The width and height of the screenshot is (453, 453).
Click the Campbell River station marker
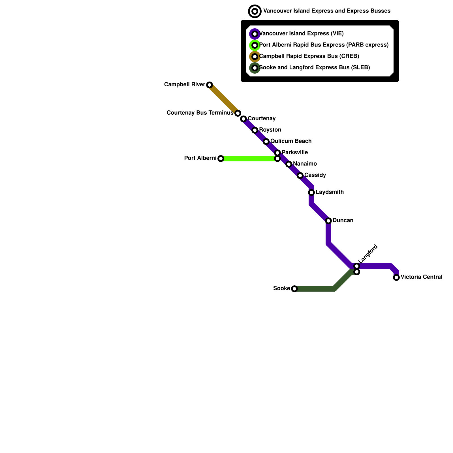click(x=210, y=85)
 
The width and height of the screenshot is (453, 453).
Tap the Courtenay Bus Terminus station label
click(x=200, y=113)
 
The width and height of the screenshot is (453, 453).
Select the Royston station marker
click(x=255, y=130)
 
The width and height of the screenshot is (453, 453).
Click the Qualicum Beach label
click(x=291, y=141)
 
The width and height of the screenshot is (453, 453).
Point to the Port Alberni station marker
click(x=221, y=159)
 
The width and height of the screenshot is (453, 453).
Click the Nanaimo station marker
click(x=289, y=164)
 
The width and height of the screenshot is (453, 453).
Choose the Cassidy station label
click(x=315, y=175)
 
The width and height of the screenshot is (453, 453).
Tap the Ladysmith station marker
click(x=311, y=193)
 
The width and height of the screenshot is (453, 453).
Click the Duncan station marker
click(x=328, y=221)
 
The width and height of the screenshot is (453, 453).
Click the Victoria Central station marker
click(x=396, y=277)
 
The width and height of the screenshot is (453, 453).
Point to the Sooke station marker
click(x=294, y=289)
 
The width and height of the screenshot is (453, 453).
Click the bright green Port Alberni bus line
click(x=249, y=159)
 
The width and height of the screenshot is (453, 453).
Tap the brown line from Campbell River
click(x=224, y=99)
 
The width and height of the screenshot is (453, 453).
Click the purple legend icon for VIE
click(x=255, y=34)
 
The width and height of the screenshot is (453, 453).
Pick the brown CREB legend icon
click(x=255, y=57)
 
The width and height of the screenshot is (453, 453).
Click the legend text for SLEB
click(x=315, y=68)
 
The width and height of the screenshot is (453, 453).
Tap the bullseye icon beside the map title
click(x=255, y=11)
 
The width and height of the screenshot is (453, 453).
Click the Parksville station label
click(x=295, y=153)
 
